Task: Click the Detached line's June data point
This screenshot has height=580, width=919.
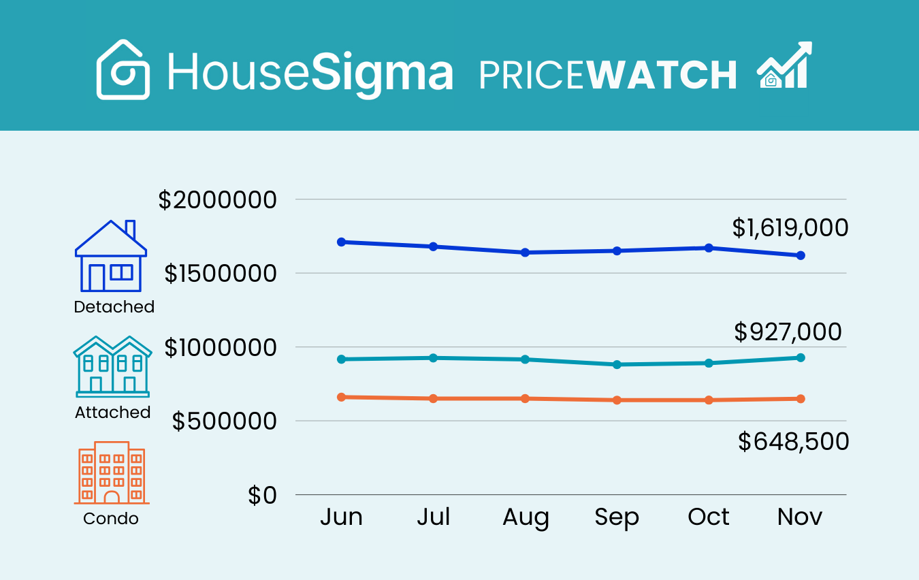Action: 342,242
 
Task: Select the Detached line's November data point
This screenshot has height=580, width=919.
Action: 801,255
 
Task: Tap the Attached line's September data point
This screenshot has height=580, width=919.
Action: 617,364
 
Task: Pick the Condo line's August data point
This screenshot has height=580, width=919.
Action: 525,398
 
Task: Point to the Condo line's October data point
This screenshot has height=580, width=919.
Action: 709,400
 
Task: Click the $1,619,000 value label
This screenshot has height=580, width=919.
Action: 790,227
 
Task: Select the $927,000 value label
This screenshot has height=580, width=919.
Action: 788,332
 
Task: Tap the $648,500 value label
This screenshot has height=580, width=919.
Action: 793,442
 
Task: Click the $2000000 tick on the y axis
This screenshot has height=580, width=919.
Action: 218,200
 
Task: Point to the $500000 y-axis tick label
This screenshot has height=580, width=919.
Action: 225,421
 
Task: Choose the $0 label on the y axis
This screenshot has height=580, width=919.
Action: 263,496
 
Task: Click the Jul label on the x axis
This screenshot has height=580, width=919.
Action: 434,517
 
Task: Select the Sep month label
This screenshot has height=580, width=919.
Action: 617,517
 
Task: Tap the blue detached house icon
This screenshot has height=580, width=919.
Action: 111,257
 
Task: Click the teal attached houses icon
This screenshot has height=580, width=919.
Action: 112,366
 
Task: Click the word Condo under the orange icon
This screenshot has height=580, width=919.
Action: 111,519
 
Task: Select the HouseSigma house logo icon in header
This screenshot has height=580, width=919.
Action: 123,70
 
